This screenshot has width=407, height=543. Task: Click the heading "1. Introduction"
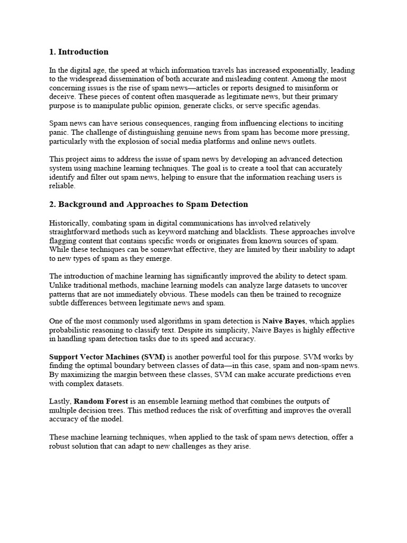pos(78,52)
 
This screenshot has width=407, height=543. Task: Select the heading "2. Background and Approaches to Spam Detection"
pos(148,204)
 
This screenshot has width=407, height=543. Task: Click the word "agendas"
pos(304,105)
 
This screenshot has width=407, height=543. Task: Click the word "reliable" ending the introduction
pos(63,186)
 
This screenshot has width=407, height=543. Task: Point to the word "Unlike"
pos(59,285)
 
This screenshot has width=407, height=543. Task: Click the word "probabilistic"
pos(70,330)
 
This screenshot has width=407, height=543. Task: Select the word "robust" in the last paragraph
pos(61,446)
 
